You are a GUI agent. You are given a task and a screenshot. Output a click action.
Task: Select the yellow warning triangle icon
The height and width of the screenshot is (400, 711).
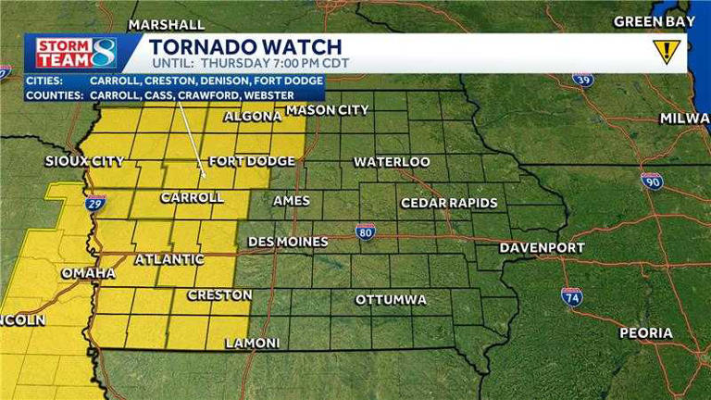[665, 51]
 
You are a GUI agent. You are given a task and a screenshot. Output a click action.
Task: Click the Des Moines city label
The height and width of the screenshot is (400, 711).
[288, 242]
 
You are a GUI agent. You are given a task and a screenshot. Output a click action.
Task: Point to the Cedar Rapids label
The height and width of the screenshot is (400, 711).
[449, 203]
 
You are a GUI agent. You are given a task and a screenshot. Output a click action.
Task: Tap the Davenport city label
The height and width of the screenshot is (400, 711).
[542, 247]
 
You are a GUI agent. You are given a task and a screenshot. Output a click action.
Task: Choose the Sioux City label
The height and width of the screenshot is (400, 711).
[84, 161]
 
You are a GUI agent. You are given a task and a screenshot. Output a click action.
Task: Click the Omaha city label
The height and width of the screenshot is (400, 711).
[88, 273]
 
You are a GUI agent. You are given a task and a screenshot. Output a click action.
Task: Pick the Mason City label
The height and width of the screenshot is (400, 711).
[327, 110]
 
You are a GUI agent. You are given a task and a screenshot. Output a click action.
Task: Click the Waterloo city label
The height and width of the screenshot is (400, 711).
[392, 162]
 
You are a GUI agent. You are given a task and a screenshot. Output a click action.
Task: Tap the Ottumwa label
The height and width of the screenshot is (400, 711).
[391, 300]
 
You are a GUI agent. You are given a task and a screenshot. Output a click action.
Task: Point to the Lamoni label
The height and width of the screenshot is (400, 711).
[252, 343]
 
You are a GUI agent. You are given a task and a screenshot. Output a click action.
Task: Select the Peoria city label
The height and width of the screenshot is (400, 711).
[646, 332]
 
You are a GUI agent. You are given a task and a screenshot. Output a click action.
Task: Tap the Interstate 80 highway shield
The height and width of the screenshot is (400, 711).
[366, 230]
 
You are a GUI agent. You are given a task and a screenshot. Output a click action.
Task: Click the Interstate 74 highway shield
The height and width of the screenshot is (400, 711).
[571, 296]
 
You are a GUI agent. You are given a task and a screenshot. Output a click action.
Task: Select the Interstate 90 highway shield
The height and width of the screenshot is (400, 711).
[652, 181]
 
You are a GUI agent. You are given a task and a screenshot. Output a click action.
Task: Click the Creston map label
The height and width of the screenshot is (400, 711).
[219, 294]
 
